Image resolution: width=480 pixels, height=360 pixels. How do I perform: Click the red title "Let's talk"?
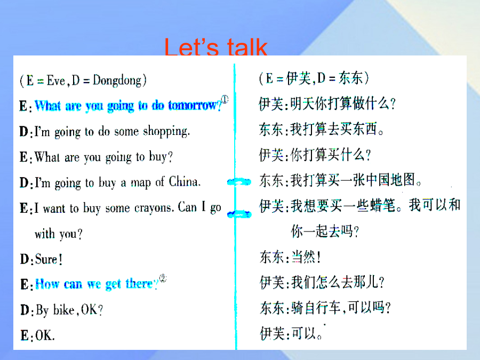point(216,47)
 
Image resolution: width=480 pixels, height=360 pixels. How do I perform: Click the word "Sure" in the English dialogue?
point(46,259)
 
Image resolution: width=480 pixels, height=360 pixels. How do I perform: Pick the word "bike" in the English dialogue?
point(64,310)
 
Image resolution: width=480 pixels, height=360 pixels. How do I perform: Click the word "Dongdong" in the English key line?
point(117,81)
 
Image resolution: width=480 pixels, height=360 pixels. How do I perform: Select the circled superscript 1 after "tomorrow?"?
point(225,99)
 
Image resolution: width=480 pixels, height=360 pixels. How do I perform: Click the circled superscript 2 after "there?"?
point(163,278)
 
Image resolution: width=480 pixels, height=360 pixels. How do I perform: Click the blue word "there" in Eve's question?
point(139,284)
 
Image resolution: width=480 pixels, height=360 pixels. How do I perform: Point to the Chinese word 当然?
point(303,257)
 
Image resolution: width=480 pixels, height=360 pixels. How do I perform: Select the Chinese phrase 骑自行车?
point(316,307)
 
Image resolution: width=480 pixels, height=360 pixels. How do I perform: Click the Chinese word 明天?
point(302,103)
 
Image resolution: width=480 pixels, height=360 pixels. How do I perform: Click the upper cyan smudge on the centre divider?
point(239,182)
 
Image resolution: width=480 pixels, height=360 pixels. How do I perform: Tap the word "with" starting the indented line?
point(45,234)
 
